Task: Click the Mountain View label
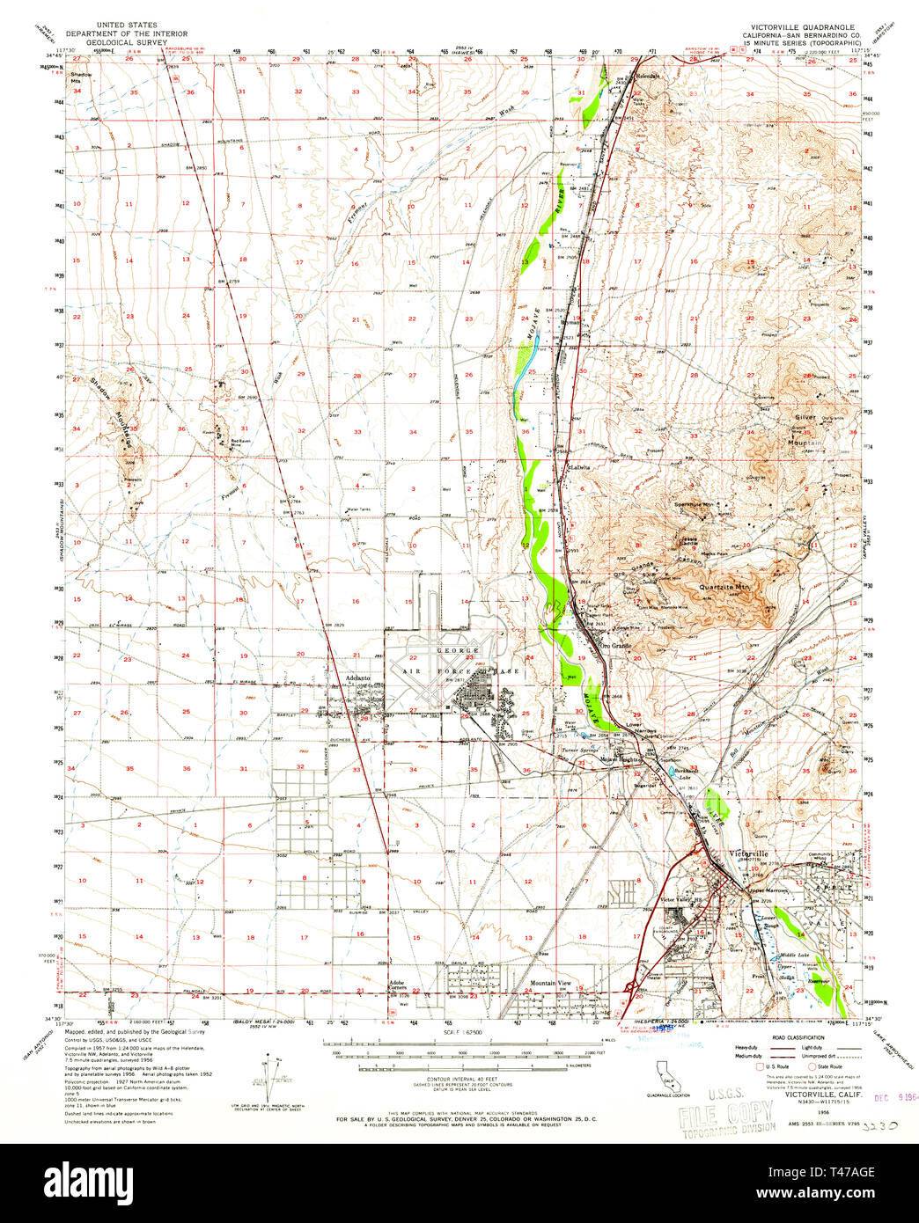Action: coord(551,983)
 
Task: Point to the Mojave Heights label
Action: coord(621,759)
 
